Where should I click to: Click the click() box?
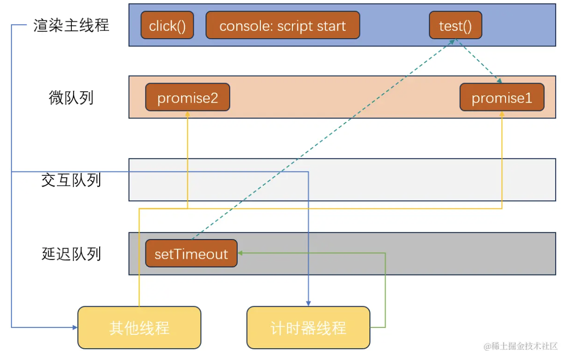[x=167, y=26]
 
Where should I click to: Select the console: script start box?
[x=283, y=26]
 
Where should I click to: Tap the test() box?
[x=455, y=26]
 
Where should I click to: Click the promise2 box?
[x=188, y=98]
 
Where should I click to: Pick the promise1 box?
[x=502, y=98]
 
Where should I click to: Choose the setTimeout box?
[x=191, y=254]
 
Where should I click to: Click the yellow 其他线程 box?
[x=139, y=327]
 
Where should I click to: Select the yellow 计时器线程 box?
[x=308, y=327]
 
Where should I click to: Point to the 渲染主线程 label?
[x=71, y=25]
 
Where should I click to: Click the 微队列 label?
[x=71, y=98]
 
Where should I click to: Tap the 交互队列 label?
[x=71, y=180]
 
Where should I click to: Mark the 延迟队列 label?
[x=71, y=254]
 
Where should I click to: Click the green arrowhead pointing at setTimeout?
[x=240, y=253]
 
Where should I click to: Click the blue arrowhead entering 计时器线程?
[x=309, y=303]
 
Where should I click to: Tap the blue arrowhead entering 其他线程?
[x=74, y=327]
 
